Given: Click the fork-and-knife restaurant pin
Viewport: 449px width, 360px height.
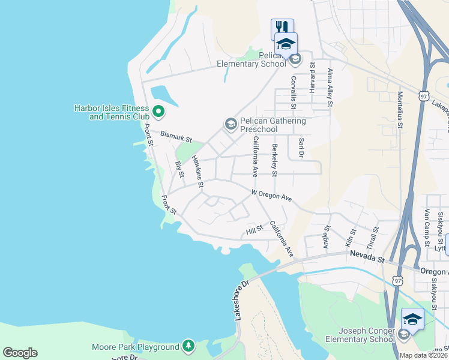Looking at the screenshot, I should [282, 28].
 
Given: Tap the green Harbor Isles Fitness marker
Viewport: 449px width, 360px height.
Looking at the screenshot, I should [158, 111].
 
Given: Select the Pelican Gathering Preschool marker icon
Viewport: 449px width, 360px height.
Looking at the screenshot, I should [231, 124].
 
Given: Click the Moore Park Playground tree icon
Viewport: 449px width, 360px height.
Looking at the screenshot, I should [188, 346].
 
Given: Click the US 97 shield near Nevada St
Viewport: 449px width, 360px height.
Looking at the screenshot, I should [397, 280].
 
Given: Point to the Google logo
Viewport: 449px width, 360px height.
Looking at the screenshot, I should [20, 353].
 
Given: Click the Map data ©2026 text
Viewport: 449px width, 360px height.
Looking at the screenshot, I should [424, 355].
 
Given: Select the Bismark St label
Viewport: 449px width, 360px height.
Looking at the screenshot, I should [176, 137].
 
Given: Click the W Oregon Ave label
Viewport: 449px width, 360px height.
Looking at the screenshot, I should [271, 197].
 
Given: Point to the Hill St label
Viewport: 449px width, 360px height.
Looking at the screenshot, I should [255, 231].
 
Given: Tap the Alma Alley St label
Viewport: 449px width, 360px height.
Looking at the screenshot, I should [330, 88].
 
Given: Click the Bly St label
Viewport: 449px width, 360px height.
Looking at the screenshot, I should [178, 170].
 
